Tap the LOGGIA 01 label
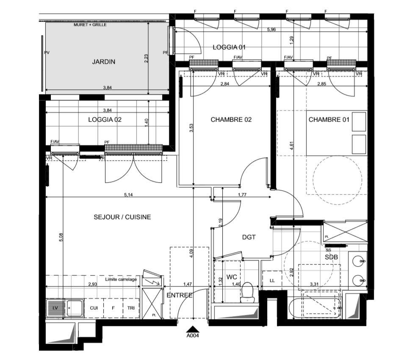[229, 47]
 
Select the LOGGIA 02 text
[105, 120]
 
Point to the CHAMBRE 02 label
[231, 120]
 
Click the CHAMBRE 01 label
[329, 120]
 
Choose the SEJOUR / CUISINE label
[122, 217]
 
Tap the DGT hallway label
[249, 237]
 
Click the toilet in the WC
[247, 292]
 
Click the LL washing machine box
[272, 281]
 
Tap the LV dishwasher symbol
[55, 308]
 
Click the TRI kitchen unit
[131, 308]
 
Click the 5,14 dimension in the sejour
[128, 195]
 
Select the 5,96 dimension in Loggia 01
[271, 29]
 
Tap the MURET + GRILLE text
[90, 25]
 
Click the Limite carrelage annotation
[121, 279]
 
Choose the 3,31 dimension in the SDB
[314, 284]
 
